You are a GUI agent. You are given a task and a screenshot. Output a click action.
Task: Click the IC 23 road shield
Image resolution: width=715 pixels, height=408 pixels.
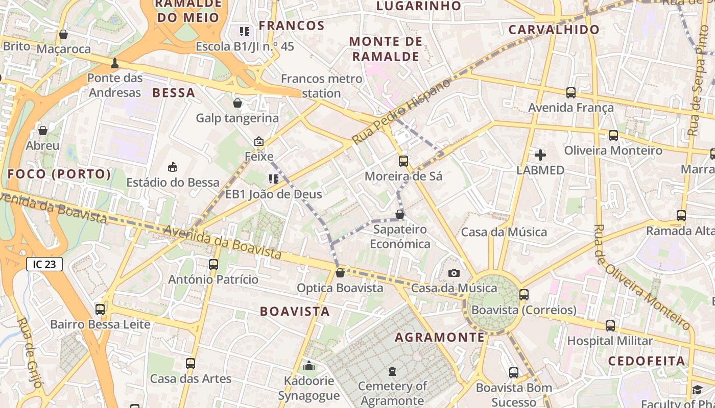44,264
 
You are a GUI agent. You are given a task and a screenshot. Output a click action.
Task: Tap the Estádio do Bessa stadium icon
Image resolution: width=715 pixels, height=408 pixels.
173,167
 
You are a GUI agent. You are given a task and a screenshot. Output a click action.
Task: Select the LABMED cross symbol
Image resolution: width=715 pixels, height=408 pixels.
540,155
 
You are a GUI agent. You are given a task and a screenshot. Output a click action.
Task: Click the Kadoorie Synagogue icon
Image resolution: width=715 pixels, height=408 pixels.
308,366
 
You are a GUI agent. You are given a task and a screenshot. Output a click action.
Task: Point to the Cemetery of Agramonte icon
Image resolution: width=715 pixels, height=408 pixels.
392,371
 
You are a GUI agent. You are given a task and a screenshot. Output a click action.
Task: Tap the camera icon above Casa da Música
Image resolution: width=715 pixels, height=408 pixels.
454,273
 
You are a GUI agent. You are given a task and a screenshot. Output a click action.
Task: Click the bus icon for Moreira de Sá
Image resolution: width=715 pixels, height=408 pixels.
403,161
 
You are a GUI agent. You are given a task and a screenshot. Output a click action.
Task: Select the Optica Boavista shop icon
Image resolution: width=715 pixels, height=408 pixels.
340,273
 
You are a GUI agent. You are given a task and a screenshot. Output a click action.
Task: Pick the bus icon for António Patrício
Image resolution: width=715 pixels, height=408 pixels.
213,265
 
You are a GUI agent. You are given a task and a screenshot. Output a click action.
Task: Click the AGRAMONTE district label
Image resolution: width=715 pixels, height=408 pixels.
440,337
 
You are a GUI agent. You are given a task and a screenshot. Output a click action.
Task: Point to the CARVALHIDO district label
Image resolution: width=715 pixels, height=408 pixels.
554,30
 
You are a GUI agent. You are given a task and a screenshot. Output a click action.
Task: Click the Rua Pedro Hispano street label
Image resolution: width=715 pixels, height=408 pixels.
401,111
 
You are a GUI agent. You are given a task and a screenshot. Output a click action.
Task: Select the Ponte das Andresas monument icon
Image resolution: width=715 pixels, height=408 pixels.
115,63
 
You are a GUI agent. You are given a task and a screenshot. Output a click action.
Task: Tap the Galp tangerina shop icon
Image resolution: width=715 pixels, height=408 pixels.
237,104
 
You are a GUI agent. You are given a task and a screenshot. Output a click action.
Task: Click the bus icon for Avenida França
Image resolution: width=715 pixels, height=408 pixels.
570,93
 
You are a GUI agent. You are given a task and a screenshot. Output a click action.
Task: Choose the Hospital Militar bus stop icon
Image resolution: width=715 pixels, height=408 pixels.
610,326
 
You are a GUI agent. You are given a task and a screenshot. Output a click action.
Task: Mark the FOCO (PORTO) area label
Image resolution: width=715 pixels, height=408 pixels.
59,174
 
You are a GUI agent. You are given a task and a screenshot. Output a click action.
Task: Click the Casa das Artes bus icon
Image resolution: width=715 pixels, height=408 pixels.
190,364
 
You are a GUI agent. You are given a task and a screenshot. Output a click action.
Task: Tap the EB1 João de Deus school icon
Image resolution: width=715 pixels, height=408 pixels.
273,179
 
